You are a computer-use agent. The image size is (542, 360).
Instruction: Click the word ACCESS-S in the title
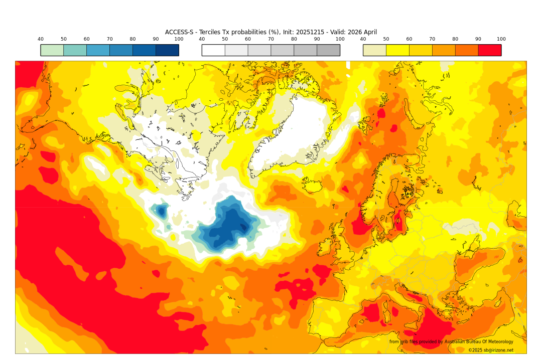[x=180, y=32]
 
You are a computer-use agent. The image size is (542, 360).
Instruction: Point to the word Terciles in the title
[x=210, y=32]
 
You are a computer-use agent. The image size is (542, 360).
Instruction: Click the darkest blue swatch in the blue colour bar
[x=167, y=50]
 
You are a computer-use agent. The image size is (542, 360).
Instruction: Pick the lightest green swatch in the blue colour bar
[x=52, y=50]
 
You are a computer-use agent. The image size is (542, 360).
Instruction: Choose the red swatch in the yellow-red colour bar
[x=489, y=50]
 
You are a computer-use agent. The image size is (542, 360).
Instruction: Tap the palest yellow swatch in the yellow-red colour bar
[x=374, y=50]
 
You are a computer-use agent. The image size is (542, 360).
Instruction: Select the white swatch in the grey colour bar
[x=213, y=50]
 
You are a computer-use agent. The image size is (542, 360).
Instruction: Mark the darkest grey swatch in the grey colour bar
[x=328, y=50]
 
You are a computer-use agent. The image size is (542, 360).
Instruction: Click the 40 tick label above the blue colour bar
[x=41, y=39]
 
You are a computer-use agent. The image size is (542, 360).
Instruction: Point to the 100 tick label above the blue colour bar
[x=179, y=39]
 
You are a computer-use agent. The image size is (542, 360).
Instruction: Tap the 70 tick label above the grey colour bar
[x=271, y=39]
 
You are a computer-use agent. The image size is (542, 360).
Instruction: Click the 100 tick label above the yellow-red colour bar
[x=501, y=39]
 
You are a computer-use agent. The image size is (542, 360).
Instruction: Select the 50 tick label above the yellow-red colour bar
[x=386, y=39]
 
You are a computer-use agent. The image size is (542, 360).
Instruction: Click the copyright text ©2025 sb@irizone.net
[x=490, y=350]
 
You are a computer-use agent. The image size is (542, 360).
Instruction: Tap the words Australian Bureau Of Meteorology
[x=479, y=342]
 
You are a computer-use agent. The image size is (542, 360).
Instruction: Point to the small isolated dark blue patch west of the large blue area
[x=161, y=211]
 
